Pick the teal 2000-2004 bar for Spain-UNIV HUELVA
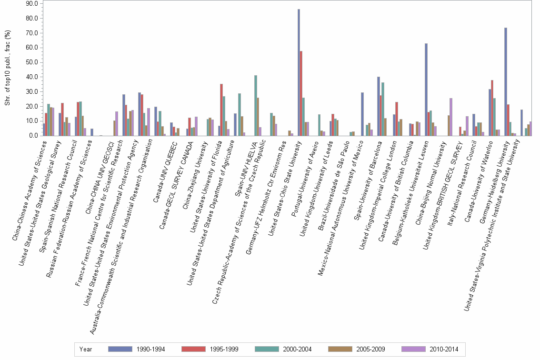tap(256, 105)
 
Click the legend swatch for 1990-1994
tap(120, 349)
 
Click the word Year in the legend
tap(86, 349)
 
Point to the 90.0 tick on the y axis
tap(32, 4)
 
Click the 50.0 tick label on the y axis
tap(32, 62)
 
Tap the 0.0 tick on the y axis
tap(33, 136)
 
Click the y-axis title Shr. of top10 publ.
tap(7, 69)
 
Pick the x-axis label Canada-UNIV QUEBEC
tap(164, 171)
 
